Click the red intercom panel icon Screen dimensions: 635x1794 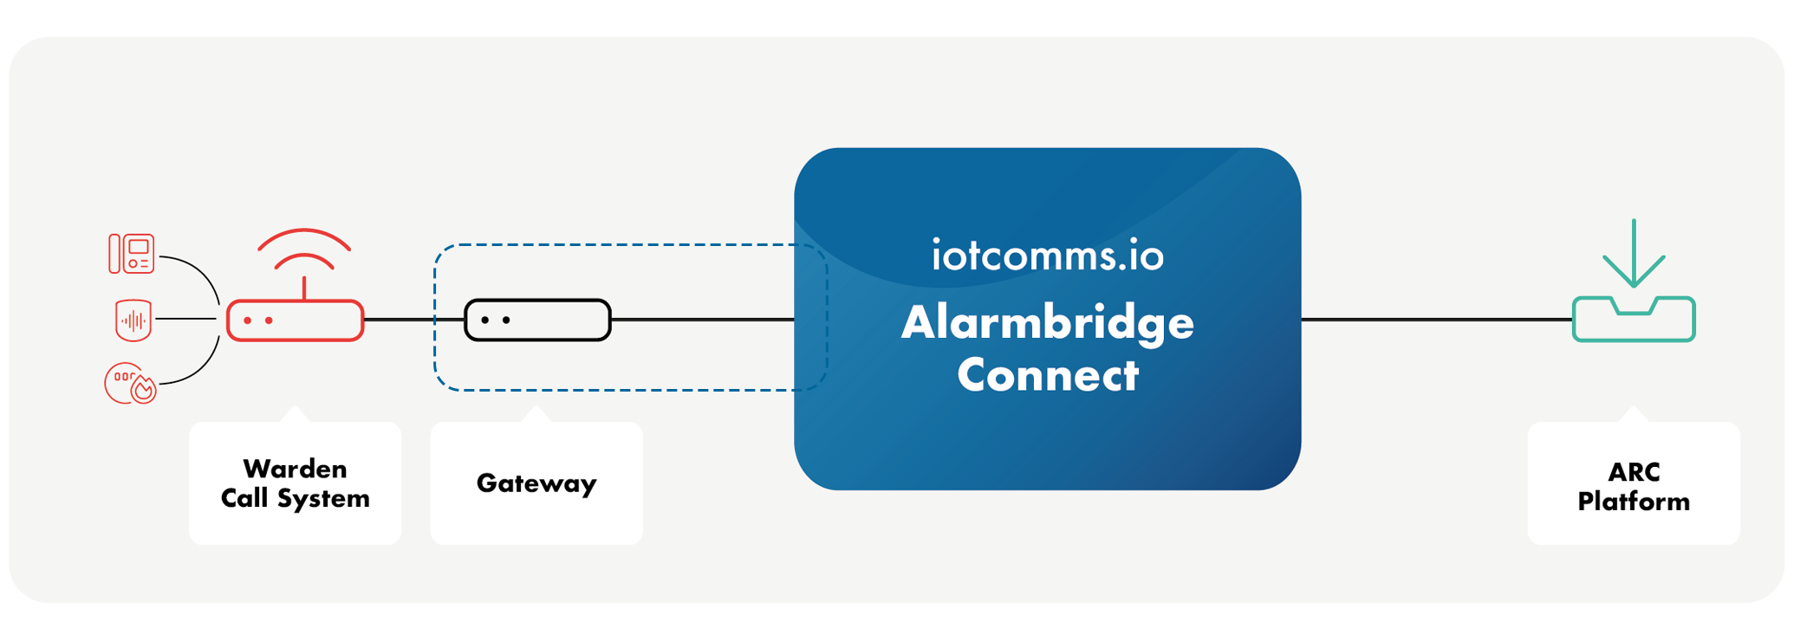pos(132,254)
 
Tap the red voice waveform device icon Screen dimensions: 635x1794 pos(133,320)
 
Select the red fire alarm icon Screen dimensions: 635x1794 pos(130,383)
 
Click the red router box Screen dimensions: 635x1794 pos(295,321)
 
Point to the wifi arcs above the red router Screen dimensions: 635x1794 pos(304,247)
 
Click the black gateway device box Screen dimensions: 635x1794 pos(537,320)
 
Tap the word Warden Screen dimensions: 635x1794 pos(295,469)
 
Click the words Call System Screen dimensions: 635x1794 pos(295,499)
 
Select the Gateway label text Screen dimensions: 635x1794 pos(536,483)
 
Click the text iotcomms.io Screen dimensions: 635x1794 pos(1047,256)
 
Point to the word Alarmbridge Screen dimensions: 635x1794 pos(1047,322)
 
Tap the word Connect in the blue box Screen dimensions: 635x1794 pos(1047,375)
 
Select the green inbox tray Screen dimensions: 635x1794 pos(1633,321)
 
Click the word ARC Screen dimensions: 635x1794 pos(1634,472)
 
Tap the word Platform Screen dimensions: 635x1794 pos(1634,502)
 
